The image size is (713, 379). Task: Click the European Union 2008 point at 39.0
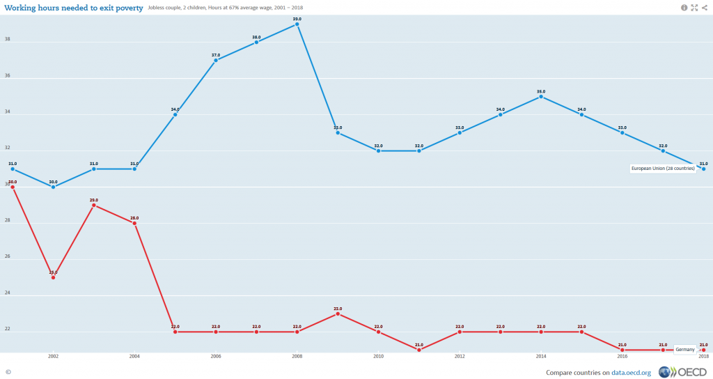(297, 24)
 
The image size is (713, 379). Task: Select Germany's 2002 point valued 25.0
(53, 277)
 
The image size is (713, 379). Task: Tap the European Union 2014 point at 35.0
(541, 97)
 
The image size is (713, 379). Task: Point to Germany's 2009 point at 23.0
(338, 314)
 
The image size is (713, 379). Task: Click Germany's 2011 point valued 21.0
(419, 350)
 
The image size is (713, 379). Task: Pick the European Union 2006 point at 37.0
(216, 61)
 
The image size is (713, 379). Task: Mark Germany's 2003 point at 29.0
(93, 206)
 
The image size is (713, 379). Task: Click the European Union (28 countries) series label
(663, 169)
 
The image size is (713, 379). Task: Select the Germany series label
(685, 349)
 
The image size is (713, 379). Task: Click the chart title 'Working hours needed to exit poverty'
(74, 8)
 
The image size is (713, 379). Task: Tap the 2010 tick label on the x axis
(379, 357)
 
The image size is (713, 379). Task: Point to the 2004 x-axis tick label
(134, 357)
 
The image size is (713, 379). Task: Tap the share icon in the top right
(705, 8)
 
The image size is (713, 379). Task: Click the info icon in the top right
(684, 8)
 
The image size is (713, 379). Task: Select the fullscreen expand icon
(694, 8)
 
